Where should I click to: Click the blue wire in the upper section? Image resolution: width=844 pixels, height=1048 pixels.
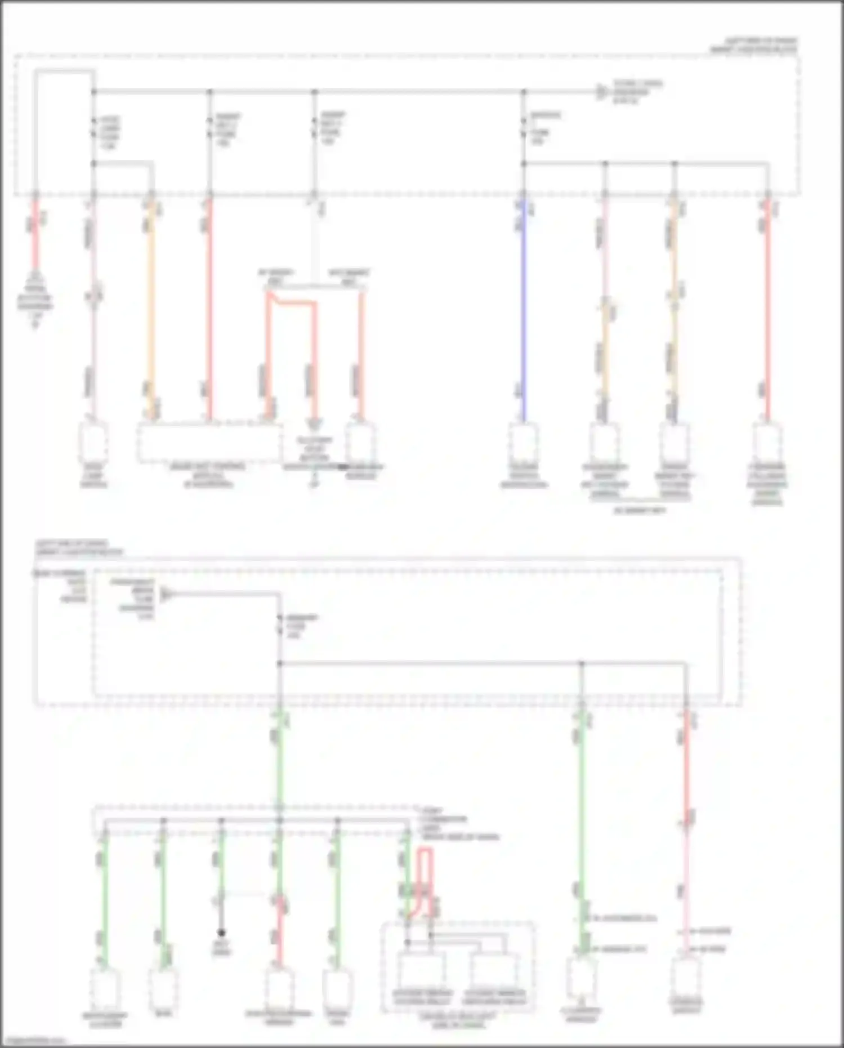(x=524, y=310)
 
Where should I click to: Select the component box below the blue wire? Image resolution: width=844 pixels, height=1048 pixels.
(x=524, y=442)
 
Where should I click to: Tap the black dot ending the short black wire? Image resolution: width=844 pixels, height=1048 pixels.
(x=222, y=933)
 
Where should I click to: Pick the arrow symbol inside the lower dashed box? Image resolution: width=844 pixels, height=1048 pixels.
(x=166, y=593)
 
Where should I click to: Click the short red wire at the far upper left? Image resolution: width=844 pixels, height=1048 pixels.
(x=35, y=237)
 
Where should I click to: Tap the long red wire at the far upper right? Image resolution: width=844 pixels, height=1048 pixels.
(x=766, y=310)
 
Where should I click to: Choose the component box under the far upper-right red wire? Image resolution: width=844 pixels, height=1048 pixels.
(x=767, y=442)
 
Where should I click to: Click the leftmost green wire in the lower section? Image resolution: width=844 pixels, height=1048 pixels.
(x=105, y=901)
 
